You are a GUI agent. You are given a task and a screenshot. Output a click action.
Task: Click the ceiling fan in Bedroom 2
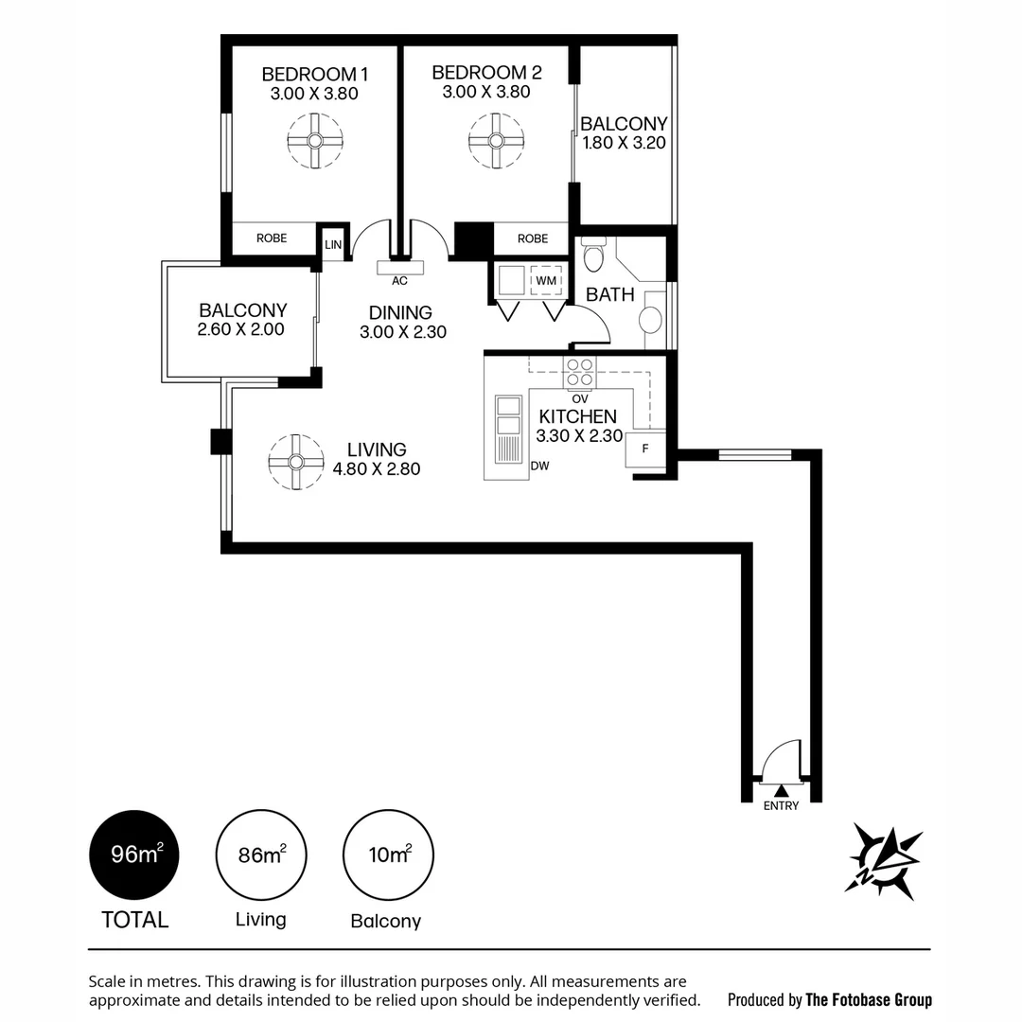pos(496,141)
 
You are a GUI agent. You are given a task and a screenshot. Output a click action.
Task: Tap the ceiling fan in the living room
pos(296,462)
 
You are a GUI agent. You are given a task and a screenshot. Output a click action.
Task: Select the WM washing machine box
pos(546,281)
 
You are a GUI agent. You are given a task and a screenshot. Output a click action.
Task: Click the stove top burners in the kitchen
pos(580,372)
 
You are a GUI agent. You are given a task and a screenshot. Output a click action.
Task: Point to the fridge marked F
pos(645,449)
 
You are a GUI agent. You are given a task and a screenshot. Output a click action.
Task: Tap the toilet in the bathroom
pos(594,255)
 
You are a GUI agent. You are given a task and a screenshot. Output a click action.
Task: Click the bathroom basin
pos(651,319)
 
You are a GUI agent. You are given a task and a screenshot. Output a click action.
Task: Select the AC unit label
pos(399,280)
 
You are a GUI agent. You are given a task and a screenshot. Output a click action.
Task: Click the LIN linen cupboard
pos(332,244)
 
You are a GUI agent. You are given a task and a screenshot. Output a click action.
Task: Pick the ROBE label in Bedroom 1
pos(272,238)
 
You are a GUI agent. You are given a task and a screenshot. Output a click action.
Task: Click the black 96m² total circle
pos(133,855)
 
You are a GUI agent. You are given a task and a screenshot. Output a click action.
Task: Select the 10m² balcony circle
pos(388,855)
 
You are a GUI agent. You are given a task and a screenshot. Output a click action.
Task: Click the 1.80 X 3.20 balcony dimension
pos(625,145)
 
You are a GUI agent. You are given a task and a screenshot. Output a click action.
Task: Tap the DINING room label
pos(400,312)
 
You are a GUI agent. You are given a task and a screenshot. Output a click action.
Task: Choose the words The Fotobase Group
pos(868,999)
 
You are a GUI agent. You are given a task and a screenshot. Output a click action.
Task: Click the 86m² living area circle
pos(261,855)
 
